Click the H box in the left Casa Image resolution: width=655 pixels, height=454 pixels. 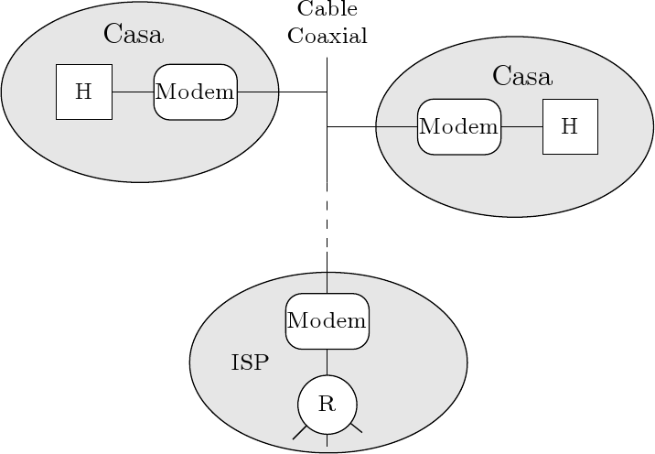point(84,92)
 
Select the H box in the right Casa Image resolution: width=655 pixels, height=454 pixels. point(570,126)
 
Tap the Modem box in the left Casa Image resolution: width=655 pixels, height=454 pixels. point(195,92)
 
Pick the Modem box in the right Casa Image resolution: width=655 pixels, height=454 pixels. point(459,126)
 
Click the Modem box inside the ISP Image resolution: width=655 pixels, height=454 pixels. point(327,321)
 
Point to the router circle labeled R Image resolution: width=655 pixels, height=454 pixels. point(327,405)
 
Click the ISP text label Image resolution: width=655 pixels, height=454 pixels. point(250,362)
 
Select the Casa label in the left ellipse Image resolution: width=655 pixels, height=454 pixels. point(134,35)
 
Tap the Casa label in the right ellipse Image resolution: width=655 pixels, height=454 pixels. point(521,76)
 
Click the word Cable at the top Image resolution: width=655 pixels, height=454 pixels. point(327,10)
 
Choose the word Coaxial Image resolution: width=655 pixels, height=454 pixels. point(327,37)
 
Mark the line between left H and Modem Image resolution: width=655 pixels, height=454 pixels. point(133,92)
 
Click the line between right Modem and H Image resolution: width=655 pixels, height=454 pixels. point(521,126)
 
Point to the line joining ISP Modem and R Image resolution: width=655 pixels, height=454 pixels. point(327,362)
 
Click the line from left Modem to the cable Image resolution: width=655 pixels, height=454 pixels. point(282,92)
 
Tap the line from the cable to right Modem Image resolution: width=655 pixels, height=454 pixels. point(371,126)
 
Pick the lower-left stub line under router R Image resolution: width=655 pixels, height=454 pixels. point(299,432)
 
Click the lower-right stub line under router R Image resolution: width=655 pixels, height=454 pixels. point(356,427)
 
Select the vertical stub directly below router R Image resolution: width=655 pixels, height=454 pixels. point(327,440)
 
